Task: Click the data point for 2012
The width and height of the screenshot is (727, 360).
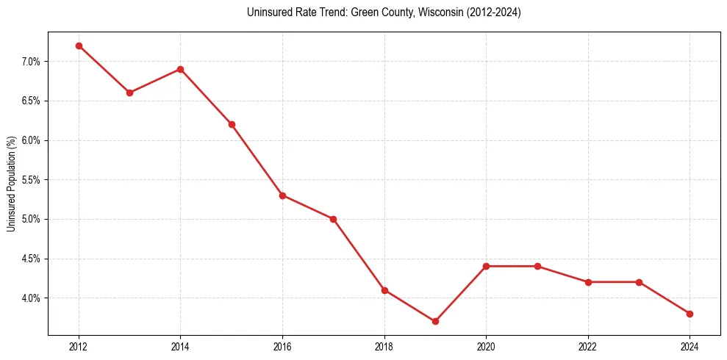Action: point(79,46)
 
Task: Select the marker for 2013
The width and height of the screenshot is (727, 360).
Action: point(129,93)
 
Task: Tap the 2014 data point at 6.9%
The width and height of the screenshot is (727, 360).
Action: point(180,69)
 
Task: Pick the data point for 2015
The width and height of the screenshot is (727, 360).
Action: point(232,124)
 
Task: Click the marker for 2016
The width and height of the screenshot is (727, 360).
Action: point(282,195)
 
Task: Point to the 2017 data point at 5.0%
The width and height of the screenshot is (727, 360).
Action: point(333,219)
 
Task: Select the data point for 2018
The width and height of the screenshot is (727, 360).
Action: point(384,290)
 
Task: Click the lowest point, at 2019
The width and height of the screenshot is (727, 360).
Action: point(435,321)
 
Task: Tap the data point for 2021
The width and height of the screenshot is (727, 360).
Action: point(537,266)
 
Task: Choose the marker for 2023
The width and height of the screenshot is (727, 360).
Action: point(639,282)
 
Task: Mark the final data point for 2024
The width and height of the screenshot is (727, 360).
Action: point(690,314)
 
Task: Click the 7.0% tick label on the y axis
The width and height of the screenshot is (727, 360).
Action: point(32,62)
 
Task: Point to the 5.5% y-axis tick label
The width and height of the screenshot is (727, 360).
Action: point(32,180)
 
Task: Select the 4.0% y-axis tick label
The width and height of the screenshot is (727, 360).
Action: point(32,298)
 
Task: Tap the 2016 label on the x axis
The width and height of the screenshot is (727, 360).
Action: point(282,346)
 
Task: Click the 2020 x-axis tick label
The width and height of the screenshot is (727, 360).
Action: point(486,346)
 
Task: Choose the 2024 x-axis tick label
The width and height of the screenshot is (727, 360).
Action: point(690,346)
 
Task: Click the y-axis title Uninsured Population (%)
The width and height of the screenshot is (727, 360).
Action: point(11,184)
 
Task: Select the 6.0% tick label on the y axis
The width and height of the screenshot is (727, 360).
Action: point(32,140)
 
